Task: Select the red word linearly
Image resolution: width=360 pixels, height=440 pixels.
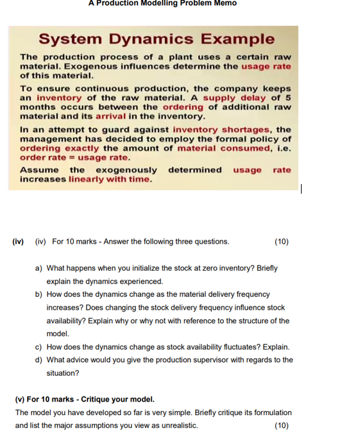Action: point(81,179)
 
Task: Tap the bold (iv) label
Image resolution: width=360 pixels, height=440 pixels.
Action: point(18,242)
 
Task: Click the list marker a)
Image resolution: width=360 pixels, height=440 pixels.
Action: point(39,268)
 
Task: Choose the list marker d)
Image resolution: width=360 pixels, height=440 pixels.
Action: point(39,360)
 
